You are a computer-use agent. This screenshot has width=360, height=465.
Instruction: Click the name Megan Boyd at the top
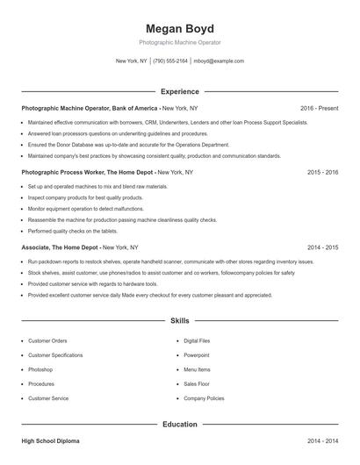pos(180,29)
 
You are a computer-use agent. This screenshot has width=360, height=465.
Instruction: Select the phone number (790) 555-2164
pos(170,61)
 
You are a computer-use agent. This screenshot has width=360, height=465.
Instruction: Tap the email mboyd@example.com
pos(219,61)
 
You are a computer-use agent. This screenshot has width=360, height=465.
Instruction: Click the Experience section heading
pos(180,91)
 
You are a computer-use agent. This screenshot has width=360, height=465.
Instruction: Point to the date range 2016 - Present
pos(319,108)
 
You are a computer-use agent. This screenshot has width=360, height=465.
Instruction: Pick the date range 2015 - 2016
pos(322,173)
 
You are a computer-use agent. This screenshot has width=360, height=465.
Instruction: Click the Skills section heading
pos(180,322)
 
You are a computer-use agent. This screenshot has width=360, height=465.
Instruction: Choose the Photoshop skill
pos(42,369)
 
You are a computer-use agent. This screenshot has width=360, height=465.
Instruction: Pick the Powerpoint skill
pos(197,355)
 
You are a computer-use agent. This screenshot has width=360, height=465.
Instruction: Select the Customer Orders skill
pos(47,340)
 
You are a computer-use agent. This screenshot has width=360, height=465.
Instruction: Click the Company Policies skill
pos(203,398)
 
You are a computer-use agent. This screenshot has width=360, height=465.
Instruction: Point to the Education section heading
pos(180,425)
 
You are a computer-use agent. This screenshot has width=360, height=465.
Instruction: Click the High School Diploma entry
pos(54,440)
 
